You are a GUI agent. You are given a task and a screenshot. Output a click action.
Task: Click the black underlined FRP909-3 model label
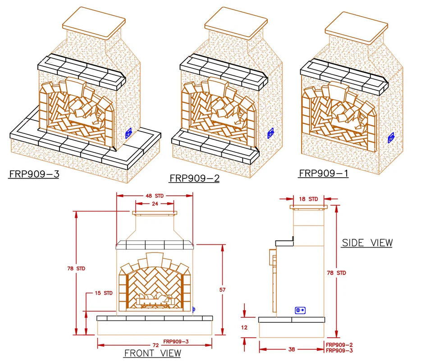33,174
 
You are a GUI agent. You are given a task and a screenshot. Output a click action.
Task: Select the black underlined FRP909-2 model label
194,179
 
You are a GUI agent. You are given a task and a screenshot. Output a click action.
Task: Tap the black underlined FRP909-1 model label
324,173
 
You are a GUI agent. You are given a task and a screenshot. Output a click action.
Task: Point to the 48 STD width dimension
155,196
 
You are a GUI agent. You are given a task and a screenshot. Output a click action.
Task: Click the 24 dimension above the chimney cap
155,204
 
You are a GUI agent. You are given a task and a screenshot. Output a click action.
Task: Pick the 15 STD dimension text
103,293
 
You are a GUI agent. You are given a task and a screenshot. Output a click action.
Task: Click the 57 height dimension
222,289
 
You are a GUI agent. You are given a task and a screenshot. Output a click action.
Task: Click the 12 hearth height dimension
244,328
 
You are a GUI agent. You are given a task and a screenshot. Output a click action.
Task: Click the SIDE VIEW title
367,243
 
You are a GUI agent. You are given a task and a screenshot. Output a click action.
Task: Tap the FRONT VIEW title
152,353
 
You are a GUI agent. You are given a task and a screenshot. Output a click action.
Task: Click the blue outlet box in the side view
300,310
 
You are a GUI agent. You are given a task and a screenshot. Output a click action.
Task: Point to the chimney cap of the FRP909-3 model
94,19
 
